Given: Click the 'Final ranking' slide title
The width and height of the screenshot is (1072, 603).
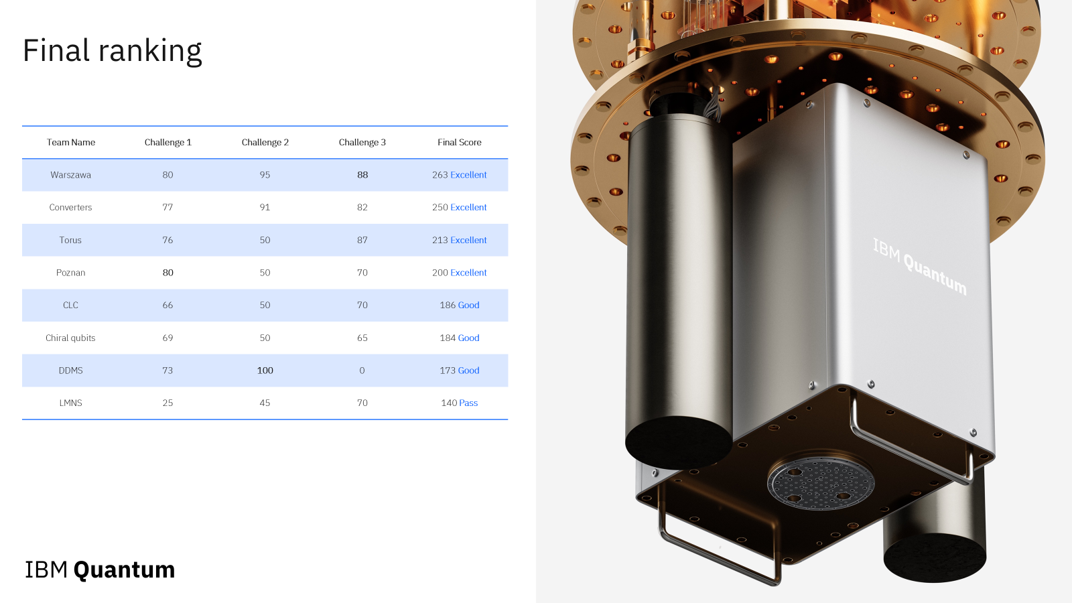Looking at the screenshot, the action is click(113, 51).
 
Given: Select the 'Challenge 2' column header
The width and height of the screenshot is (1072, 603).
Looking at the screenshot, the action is click(265, 142).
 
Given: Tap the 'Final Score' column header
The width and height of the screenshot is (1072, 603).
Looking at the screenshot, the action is click(460, 142).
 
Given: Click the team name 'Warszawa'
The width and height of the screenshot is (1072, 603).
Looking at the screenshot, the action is click(71, 175).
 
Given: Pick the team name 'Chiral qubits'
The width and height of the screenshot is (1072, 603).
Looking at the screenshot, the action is click(70, 338).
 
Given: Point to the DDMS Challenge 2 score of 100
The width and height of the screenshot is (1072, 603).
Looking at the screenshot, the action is click(265, 371).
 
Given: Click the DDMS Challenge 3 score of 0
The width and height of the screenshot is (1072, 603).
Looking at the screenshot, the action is click(362, 371).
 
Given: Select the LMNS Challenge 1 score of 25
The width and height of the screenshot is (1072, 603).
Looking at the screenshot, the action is click(167, 403).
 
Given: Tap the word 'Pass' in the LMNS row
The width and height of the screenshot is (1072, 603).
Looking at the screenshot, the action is click(468, 403).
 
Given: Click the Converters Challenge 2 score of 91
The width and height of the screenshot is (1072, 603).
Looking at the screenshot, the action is click(265, 207).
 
